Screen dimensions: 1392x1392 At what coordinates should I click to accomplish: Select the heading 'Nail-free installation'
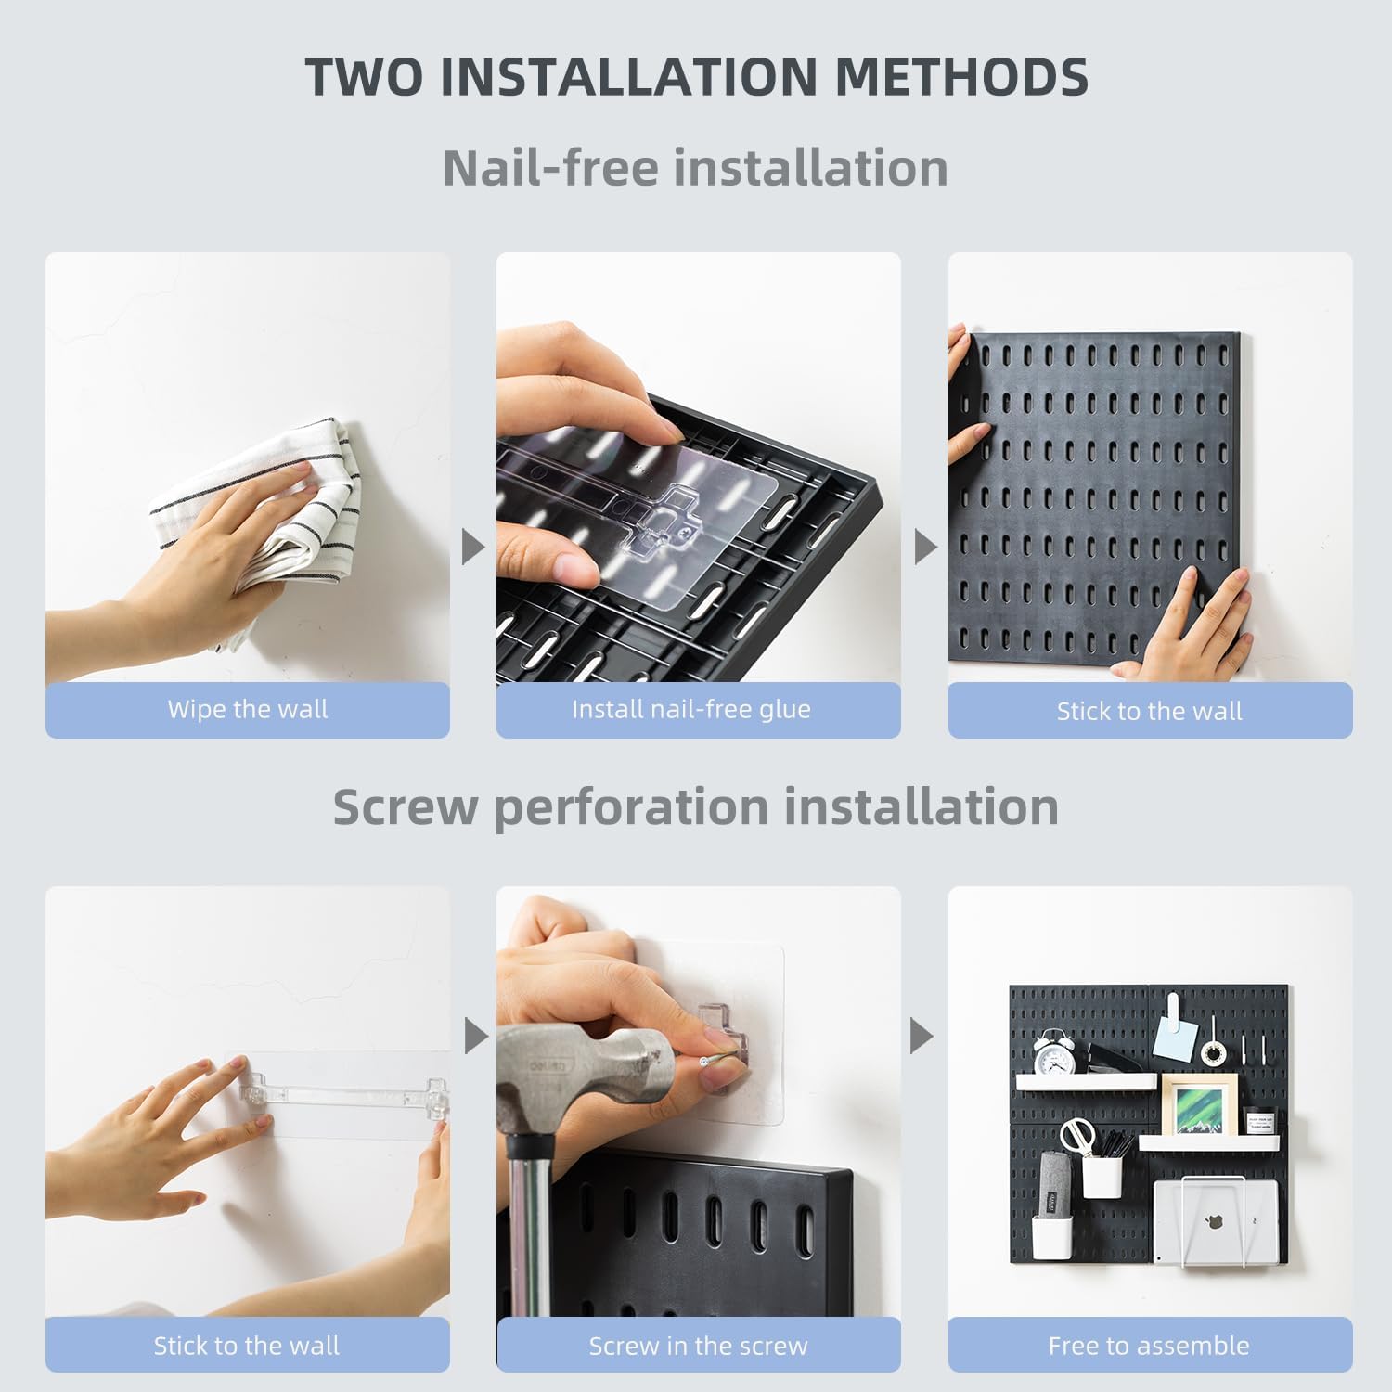pos(695,168)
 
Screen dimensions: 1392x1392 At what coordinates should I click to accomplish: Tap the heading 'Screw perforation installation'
pos(695,806)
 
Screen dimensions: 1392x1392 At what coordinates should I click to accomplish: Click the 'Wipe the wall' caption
pos(248,710)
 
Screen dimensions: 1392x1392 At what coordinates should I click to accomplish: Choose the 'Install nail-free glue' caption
pos(691,710)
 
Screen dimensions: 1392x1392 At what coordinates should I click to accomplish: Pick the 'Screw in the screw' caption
pos(698,1346)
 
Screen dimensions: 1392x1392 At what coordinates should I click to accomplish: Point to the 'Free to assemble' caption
pos(1149,1346)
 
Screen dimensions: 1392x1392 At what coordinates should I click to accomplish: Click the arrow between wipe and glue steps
pos(472,547)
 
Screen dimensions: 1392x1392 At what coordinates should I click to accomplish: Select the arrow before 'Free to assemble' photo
pos(921,1036)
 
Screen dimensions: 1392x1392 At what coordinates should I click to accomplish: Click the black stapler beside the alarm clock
pos(1114,1058)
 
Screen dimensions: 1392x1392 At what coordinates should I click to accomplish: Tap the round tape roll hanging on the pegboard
pos(1211,1052)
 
